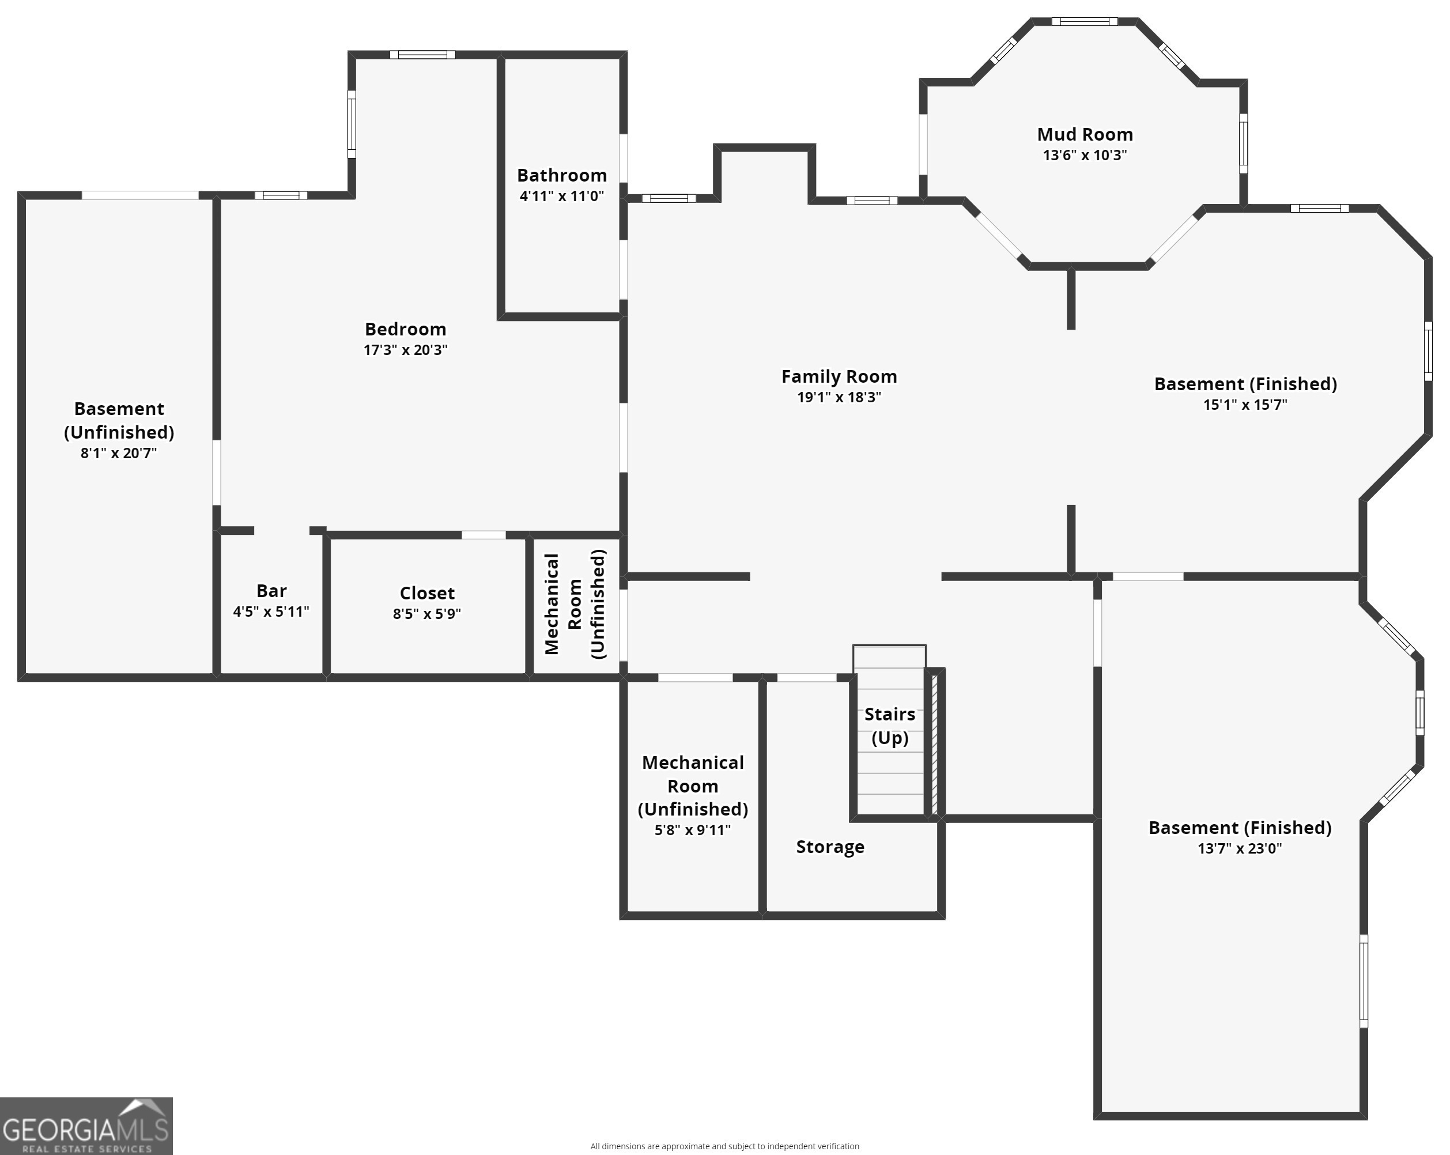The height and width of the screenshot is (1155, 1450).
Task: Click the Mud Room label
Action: (1084, 134)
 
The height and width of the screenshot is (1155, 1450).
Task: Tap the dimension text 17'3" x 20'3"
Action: (405, 350)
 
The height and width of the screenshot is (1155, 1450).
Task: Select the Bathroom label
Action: (561, 176)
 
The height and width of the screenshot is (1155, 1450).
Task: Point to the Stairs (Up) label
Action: (889, 726)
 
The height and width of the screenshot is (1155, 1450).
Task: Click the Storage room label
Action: (830, 847)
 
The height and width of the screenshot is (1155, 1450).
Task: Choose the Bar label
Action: (271, 591)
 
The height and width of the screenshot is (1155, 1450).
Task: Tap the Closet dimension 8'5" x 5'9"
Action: (426, 613)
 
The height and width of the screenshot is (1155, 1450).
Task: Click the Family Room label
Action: (839, 377)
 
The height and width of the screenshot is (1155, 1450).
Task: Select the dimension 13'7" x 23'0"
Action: (1239, 848)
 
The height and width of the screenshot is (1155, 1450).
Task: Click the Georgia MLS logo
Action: (85, 1126)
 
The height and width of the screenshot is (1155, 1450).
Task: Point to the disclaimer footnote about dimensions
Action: (724, 1146)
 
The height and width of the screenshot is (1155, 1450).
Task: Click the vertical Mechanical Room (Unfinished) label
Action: (575, 604)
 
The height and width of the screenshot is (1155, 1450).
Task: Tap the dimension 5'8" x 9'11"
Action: (692, 830)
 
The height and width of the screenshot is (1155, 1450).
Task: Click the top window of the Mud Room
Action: (1084, 21)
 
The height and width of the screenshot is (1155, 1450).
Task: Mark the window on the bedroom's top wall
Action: (422, 55)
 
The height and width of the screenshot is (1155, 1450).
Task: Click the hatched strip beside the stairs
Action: (934, 743)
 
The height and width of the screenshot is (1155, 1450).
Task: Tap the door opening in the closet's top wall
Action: (483, 535)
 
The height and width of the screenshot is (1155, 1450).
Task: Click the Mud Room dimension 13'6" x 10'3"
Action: (1084, 156)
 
